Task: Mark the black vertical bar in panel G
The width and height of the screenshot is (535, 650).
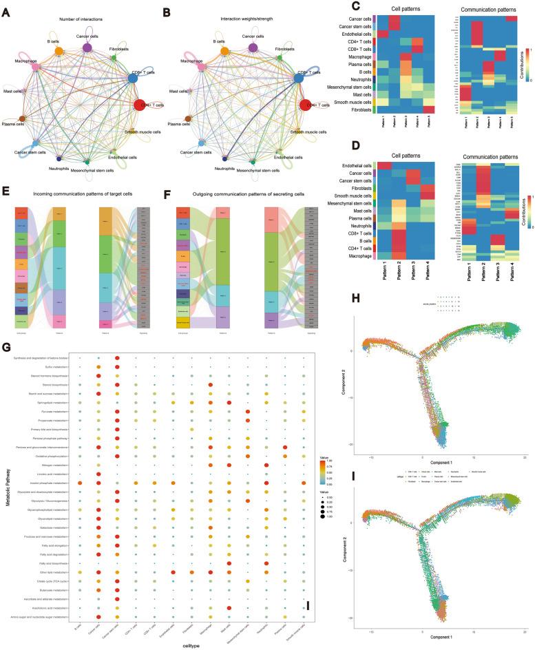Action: pyautogui.click(x=308, y=605)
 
